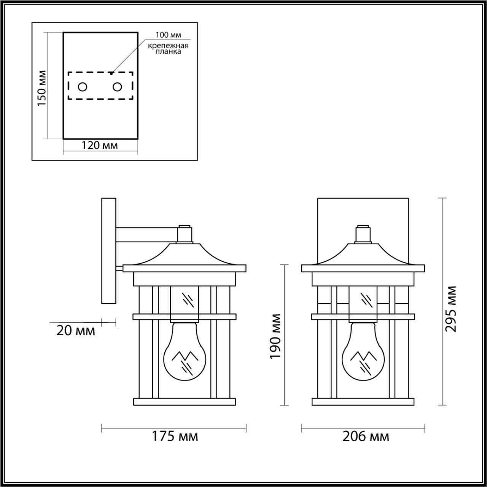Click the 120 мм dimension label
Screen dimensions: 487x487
[x=100, y=145]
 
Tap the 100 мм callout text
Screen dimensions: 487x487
[x=168, y=35]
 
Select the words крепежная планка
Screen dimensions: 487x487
[x=168, y=48]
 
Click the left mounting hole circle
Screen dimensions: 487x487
[x=82, y=87]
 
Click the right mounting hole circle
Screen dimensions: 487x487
[x=117, y=87]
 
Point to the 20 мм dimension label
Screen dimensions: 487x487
[x=76, y=330]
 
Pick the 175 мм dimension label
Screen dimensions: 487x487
[x=175, y=436]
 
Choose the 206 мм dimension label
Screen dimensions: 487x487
[x=366, y=436]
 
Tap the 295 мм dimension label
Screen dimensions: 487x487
[x=451, y=308]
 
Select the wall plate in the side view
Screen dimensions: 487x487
[x=108, y=250]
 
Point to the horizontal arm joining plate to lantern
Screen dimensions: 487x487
[x=146, y=234]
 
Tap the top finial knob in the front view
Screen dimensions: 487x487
[x=363, y=233]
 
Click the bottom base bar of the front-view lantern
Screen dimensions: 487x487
[x=363, y=401]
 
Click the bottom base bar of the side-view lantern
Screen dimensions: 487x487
[x=185, y=401]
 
